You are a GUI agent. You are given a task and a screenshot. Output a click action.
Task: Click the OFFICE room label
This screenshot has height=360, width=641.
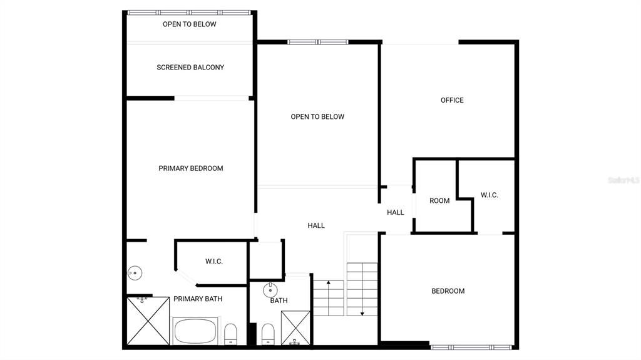[x=452, y=100]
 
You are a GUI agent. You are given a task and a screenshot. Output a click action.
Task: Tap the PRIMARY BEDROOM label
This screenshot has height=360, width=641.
[x=190, y=168]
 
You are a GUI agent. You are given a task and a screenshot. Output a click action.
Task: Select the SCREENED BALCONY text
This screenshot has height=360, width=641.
[x=190, y=68]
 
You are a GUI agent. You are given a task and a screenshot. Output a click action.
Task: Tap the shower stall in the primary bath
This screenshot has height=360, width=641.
[x=148, y=321]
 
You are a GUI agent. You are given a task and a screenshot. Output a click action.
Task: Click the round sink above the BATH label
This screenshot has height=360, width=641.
[x=270, y=291]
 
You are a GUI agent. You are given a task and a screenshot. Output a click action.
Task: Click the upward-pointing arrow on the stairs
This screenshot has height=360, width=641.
[x=329, y=285]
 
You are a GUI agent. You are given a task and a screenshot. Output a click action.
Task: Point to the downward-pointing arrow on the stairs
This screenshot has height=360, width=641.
[x=362, y=312]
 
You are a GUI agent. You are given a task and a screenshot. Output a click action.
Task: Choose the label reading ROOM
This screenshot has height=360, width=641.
[x=439, y=201]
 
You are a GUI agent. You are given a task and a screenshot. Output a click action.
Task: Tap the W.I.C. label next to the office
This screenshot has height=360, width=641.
[x=490, y=195]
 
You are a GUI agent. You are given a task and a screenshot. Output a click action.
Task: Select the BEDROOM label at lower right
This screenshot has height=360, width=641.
[x=448, y=291]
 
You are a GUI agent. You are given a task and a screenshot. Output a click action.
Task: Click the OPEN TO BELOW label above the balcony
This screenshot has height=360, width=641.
[x=189, y=24]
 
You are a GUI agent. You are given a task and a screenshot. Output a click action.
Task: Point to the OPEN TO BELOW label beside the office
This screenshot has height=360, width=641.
[x=317, y=117]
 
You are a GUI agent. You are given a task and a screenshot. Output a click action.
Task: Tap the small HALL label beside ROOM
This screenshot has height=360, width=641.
[x=396, y=213]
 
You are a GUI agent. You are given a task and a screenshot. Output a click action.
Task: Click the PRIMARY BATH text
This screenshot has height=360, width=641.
[x=198, y=299]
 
